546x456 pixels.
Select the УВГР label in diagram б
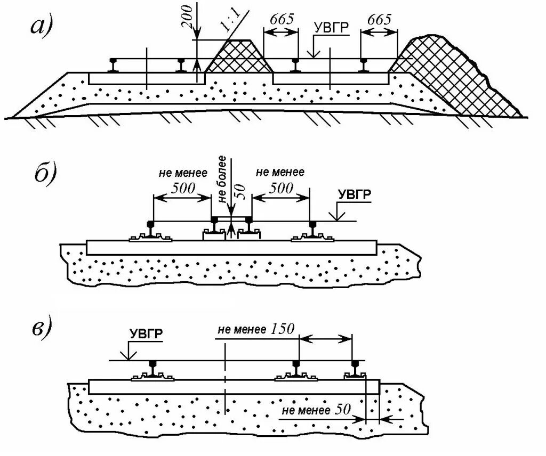click(354, 195)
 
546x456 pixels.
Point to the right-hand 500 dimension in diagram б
click(280, 188)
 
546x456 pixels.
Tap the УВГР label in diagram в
click(146, 334)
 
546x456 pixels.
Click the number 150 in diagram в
click(282, 329)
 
